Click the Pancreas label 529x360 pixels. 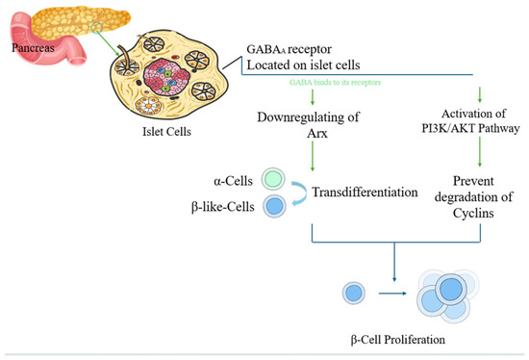click(x=33, y=47)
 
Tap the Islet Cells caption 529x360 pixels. click(x=166, y=131)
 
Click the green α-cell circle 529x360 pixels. click(x=273, y=179)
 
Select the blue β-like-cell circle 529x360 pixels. click(x=274, y=206)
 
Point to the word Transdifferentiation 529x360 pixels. click(x=365, y=192)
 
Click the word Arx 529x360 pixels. click(x=317, y=134)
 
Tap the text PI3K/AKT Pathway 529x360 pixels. click(x=470, y=128)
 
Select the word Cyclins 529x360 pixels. click(x=473, y=213)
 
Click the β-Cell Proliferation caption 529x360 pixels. click(x=398, y=339)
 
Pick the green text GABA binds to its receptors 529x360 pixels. click(x=335, y=82)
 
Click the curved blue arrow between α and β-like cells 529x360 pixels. click(x=302, y=193)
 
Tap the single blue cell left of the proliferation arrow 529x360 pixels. click(x=354, y=293)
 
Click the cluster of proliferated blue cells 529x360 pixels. click(x=448, y=296)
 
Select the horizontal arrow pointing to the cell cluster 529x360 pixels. click(x=392, y=294)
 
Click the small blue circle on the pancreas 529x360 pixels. click(x=96, y=27)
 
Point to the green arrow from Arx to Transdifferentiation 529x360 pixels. click(x=313, y=156)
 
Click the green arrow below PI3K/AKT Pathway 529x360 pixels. click(x=480, y=151)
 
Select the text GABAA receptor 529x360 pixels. click(x=290, y=49)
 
